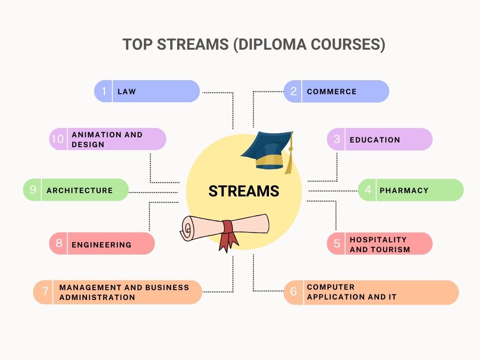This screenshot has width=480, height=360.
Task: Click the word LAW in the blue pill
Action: (127, 91)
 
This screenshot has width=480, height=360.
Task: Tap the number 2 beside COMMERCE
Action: (293, 91)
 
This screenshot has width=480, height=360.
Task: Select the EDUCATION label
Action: (375, 140)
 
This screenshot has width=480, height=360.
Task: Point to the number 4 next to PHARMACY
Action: (368, 190)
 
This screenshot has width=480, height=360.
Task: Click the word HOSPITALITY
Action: (378, 240)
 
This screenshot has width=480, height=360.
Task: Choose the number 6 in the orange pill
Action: (293, 292)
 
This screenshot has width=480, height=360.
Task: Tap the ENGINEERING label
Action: (101, 244)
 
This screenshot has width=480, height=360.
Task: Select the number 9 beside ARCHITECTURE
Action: (33, 190)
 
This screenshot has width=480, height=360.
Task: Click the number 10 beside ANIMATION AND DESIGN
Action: (57, 139)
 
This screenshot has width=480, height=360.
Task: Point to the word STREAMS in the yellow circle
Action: (243, 191)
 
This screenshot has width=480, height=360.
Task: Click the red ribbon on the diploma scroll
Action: (229, 234)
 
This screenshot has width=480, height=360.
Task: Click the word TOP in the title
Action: (137, 45)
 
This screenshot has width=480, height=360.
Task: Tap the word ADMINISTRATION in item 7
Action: (97, 297)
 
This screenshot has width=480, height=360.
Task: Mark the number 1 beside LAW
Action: (104, 91)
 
